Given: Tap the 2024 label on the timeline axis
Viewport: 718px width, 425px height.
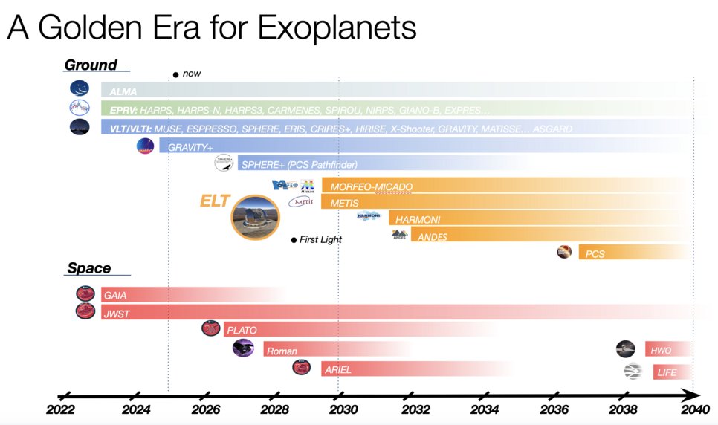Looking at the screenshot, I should pyautogui.click(x=136, y=410).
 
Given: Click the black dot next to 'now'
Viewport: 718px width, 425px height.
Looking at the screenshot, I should pyautogui.click(x=175, y=74).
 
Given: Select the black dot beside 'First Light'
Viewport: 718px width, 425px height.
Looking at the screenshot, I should pyautogui.click(x=294, y=240).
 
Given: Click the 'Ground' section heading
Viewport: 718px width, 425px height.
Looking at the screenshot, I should pyautogui.click(x=91, y=65).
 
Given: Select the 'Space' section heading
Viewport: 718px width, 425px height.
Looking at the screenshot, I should pyautogui.click(x=88, y=268).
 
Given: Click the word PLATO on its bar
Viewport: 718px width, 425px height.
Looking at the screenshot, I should pyautogui.click(x=242, y=331).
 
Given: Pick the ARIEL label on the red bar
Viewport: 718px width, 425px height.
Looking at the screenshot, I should pyautogui.click(x=337, y=369).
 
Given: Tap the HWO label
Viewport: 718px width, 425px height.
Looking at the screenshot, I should pyautogui.click(x=661, y=351).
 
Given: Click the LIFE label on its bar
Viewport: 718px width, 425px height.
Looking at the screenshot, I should pyautogui.click(x=666, y=372).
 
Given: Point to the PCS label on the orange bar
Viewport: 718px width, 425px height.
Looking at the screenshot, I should pyautogui.click(x=595, y=254).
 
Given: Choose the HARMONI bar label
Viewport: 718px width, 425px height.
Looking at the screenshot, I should pyautogui.click(x=416, y=220).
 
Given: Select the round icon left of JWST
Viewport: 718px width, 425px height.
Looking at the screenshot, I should pyautogui.click(x=85, y=311).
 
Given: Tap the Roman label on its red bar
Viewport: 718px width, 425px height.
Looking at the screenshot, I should pyautogui.click(x=282, y=351).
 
